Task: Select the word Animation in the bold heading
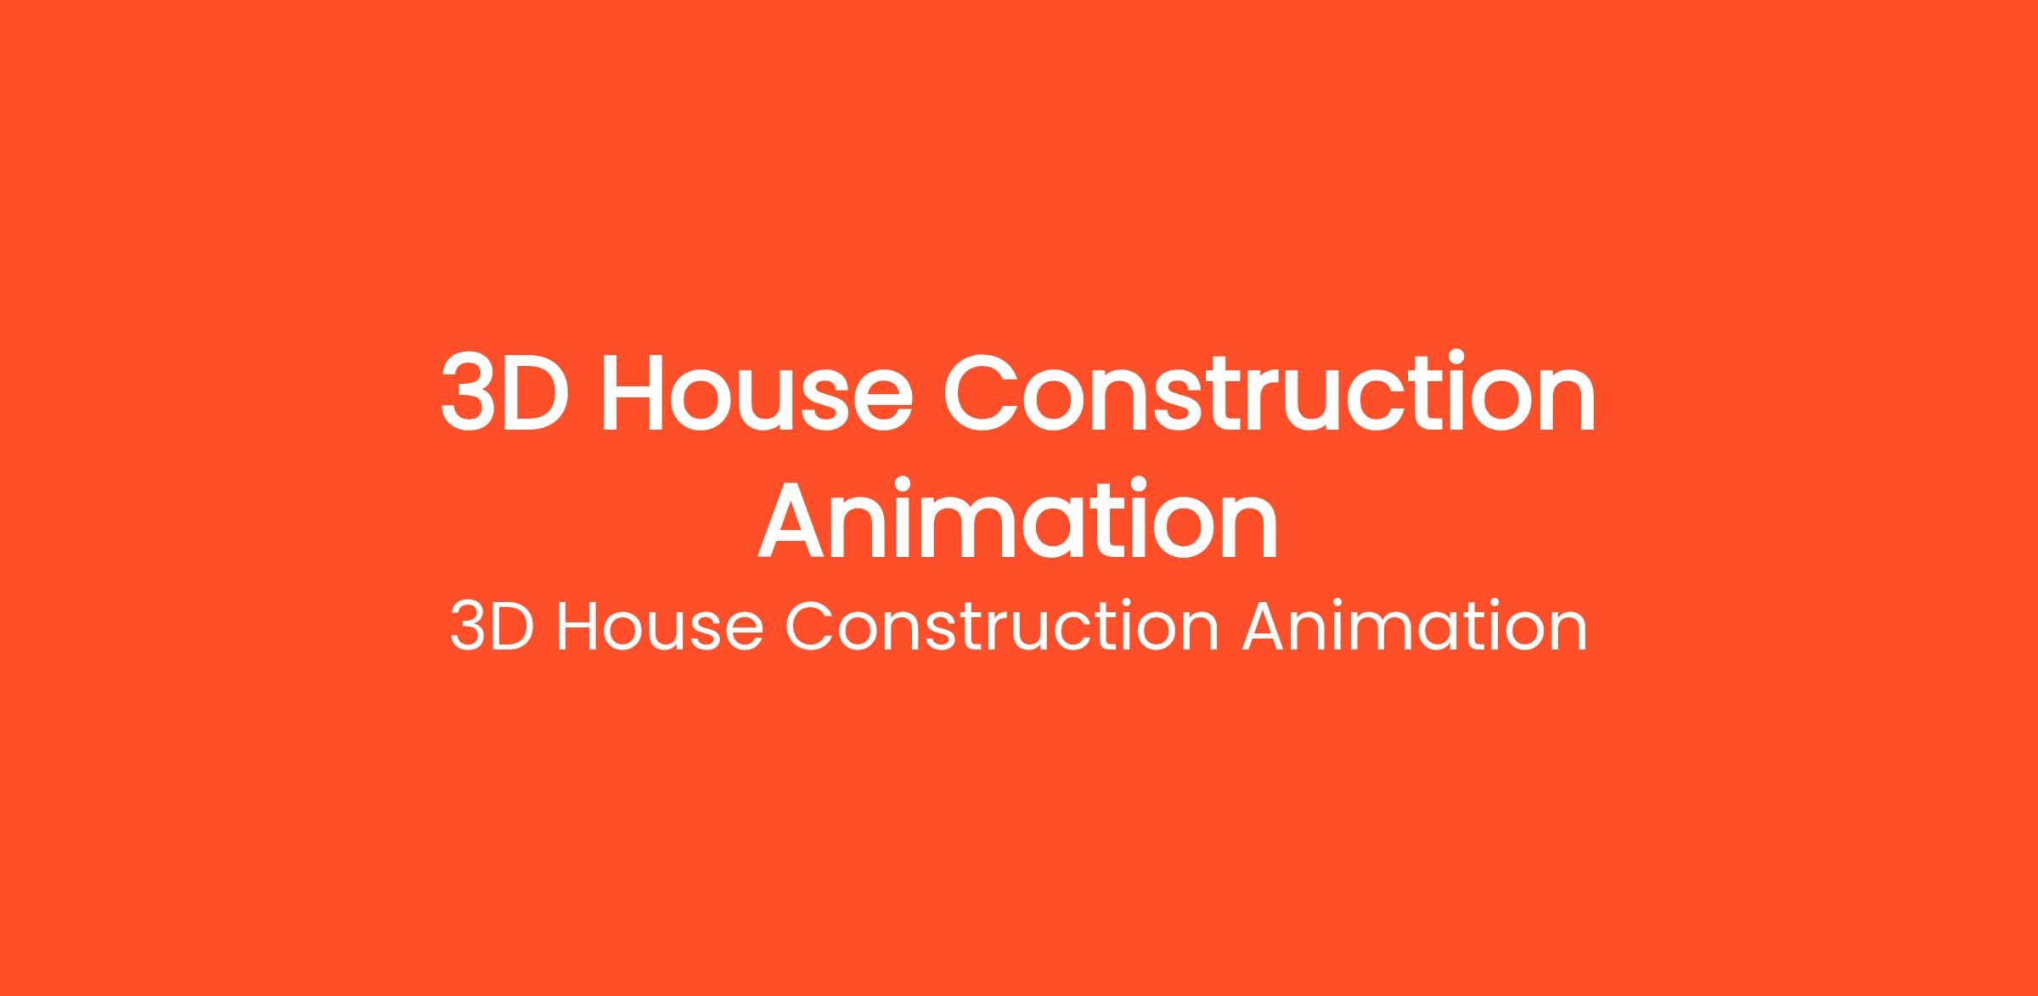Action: [x=1018, y=520]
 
